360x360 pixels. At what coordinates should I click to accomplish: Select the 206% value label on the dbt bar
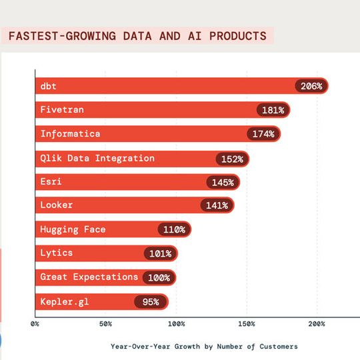coord(311,86)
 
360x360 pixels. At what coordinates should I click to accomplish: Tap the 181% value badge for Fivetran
coord(273,110)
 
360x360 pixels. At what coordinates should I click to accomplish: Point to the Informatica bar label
coord(70,134)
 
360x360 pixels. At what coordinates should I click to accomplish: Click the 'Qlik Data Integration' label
coord(97,158)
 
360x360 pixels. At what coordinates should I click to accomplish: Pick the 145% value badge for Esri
coord(223,182)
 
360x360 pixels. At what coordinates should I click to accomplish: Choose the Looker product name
coord(57,205)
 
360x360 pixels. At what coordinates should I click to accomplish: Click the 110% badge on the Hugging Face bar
coord(175,229)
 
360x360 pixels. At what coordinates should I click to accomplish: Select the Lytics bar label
coord(57,253)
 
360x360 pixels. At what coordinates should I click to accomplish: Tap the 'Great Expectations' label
coord(89,277)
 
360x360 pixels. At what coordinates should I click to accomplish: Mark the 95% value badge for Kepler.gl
coord(151,301)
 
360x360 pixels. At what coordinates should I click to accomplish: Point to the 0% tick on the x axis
coord(35,324)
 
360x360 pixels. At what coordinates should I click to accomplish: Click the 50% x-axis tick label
coord(105,324)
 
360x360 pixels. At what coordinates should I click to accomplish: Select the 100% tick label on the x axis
coord(176,324)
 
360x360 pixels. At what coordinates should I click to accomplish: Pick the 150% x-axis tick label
coord(247,324)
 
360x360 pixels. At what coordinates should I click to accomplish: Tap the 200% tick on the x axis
coord(317,324)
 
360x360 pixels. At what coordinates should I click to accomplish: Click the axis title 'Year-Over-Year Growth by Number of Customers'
coord(204,346)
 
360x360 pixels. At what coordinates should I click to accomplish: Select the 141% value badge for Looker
coord(217,205)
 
